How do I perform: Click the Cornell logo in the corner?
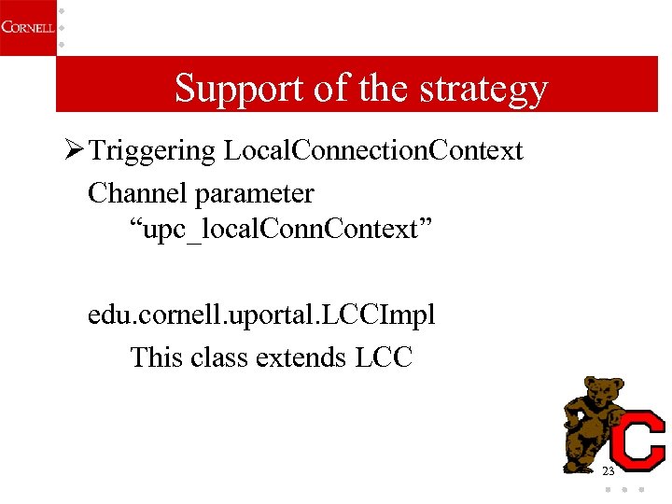27,27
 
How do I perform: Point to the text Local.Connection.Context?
373,151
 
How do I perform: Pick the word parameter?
255,194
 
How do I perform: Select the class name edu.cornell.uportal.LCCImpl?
261,315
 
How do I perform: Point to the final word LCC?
384,357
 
